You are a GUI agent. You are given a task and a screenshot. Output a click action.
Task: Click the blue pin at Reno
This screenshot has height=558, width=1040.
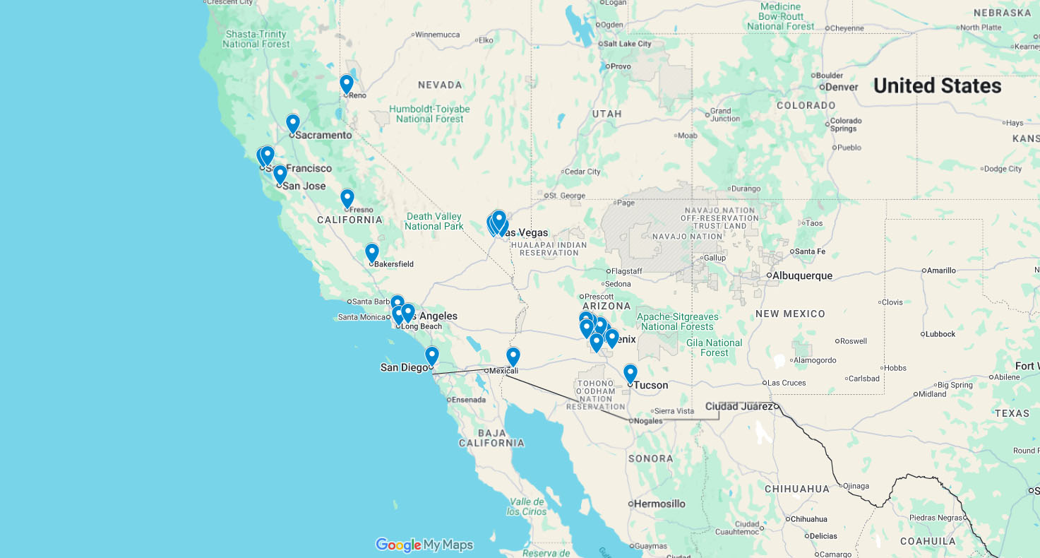[x=346, y=84]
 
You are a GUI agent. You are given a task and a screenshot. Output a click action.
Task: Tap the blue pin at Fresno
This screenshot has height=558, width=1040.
[x=347, y=198]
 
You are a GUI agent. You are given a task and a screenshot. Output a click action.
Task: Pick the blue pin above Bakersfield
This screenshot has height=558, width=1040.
[x=372, y=252]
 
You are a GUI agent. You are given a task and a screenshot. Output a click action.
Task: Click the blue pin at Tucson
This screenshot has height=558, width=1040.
[x=630, y=373]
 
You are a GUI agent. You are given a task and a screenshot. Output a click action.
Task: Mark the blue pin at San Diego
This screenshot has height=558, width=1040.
[x=431, y=355]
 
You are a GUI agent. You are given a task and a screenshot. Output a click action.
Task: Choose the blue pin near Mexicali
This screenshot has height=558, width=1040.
[x=513, y=356]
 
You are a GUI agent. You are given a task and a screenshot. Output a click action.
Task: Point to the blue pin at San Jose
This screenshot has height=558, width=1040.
[x=280, y=174]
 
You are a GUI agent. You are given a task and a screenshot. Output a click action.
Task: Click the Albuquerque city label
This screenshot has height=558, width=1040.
[x=802, y=275]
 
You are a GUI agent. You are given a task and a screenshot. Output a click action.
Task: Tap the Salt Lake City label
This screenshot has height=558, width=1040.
[x=628, y=44]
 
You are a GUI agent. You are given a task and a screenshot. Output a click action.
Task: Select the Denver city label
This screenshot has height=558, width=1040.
[x=842, y=87]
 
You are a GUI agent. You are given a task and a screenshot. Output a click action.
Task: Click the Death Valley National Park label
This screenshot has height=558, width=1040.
[x=434, y=221]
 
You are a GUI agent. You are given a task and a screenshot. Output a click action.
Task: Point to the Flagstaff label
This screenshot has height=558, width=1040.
[x=627, y=271]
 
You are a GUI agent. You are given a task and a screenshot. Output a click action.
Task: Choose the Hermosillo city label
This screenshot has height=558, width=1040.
[x=659, y=504]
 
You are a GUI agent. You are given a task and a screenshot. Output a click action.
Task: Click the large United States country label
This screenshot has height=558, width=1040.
[x=937, y=86]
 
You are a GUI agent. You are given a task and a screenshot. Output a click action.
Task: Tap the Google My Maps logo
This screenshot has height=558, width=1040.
[x=424, y=545]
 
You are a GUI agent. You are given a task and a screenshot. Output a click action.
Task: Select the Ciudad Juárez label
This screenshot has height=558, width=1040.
[x=739, y=406]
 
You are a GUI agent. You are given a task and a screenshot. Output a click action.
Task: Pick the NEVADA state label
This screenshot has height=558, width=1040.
[x=440, y=85]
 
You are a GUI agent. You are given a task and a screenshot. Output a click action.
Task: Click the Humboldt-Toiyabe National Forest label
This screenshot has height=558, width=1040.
[x=429, y=114]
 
